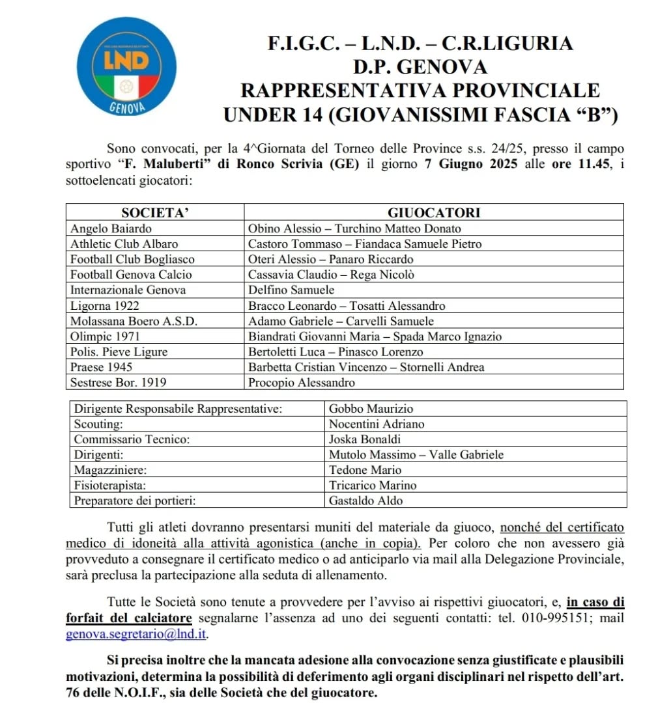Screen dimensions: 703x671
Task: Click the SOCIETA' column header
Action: pyautogui.click(x=154, y=212)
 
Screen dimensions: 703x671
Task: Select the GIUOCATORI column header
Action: pyautogui.click(x=434, y=212)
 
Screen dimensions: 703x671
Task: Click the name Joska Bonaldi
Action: pyautogui.click(x=365, y=439)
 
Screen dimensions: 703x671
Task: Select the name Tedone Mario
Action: pyautogui.click(x=365, y=470)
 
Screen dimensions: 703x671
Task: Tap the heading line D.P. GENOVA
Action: pyautogui.click(x=420, y=67)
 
